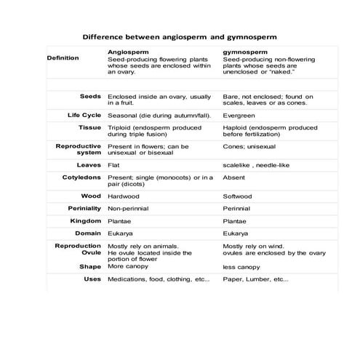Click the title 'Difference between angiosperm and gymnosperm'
pos(180,35)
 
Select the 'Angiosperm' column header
pos(127,52)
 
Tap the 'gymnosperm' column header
pos(244,52)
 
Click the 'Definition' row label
pos(63,58)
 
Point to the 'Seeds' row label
pos(90,96)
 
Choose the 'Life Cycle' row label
pos(83,116)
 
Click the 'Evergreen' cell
pos(238,116)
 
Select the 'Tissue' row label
pos(89,127)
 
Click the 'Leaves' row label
pos(89,164)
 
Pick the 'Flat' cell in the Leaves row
pos(113,165)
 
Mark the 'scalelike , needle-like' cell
pos(256,165)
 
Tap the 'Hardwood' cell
pos(123,196)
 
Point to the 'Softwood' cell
pos(238,196)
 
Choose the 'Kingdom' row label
pos(85,220)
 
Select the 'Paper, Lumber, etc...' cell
pos(255,279)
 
